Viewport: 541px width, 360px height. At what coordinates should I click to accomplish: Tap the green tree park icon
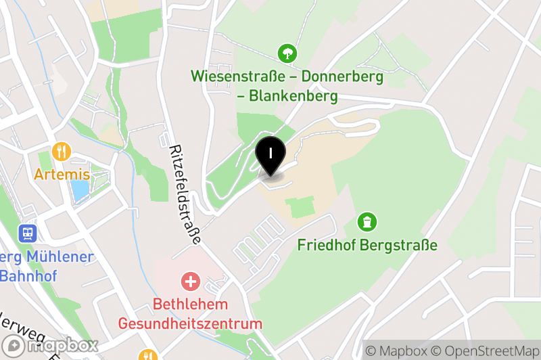click(288, 52)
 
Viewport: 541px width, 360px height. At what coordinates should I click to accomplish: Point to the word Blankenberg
click(293, 96)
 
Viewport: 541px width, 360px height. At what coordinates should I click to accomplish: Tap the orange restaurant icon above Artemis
click(62, 151)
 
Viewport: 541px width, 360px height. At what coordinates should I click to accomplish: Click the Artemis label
click(62, 175)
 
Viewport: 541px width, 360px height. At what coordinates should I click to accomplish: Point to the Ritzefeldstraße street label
click(185, 194)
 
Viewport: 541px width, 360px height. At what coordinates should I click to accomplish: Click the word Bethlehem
click(190, 304)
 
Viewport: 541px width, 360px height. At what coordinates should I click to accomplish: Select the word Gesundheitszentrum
click(190, 323)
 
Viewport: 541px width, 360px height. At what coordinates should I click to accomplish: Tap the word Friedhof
click(327, 245)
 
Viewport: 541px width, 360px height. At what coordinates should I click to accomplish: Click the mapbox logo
click(51, 346)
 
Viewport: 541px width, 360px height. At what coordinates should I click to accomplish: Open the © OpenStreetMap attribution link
click(479, 351)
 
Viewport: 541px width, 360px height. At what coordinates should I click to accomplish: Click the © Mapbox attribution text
click(397, 351)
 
